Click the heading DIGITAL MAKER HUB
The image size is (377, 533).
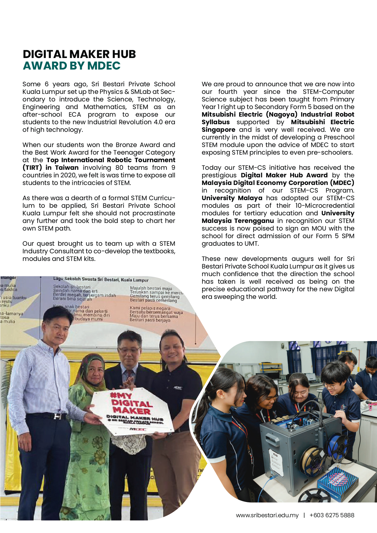click(79, 54)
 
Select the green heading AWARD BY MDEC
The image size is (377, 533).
click(72, 66)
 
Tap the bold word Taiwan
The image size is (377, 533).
click(67, 168)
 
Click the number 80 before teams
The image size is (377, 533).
click(119, 168)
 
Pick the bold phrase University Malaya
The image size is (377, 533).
click(232, 198)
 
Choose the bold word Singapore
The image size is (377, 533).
click(218, 130)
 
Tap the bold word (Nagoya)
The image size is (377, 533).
click(282, 114)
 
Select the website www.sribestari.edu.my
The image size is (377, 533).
click(267, 515)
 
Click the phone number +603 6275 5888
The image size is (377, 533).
click(332, 515)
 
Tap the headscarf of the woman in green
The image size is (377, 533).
click(91, 367)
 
